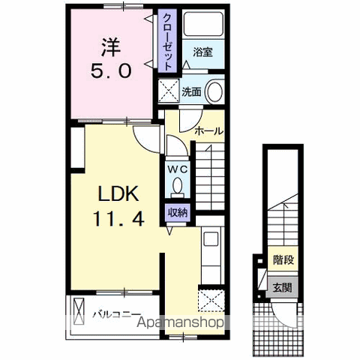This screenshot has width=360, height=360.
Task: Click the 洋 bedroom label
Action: point(111,47)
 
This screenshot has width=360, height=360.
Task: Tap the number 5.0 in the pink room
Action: point(111,70)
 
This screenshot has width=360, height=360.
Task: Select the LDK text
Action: point(118,193)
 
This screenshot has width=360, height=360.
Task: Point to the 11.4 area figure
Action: point(118,218)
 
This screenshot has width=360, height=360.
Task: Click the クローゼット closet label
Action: point(167,42)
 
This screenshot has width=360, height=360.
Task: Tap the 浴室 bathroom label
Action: point(202,52)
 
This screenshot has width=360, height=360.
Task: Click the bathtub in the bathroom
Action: point(203,24)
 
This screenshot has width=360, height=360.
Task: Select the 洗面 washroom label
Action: point(191,92)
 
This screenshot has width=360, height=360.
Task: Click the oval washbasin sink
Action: point(214,91)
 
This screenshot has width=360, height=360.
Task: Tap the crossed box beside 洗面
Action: point(169,91)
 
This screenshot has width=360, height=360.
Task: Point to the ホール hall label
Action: point(208,131)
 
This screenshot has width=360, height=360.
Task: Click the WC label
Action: point(178,169)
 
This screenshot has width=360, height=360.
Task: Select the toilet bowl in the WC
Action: point(178,186)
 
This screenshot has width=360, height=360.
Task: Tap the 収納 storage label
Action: point(178,212)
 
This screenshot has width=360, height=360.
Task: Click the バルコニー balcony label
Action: point(116,314)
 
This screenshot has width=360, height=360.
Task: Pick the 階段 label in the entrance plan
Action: point(283,260)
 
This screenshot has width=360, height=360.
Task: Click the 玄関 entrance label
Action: point(282,287)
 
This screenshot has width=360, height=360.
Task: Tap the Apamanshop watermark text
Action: point(180,322)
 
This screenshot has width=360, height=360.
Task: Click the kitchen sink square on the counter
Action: point(211,238)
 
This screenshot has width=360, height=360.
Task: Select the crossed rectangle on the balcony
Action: point(79,311)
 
